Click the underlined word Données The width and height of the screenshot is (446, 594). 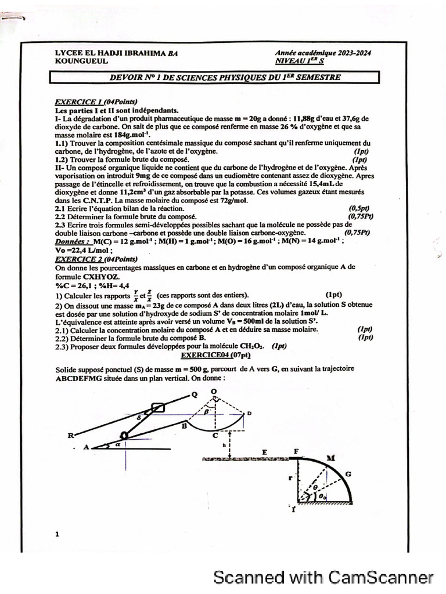click(72, 241)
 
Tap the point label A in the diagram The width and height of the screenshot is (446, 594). click(87, 447)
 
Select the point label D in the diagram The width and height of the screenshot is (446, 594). click(249, 413)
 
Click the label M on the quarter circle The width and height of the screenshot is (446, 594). click(331, 458)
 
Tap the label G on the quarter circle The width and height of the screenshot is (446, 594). click(348, 474)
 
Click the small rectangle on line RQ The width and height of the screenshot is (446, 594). click(158, 408)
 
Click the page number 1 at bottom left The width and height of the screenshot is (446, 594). click(57, 534)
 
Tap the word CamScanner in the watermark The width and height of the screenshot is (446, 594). click(381, 577)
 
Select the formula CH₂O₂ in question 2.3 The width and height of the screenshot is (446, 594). click(253, 346)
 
